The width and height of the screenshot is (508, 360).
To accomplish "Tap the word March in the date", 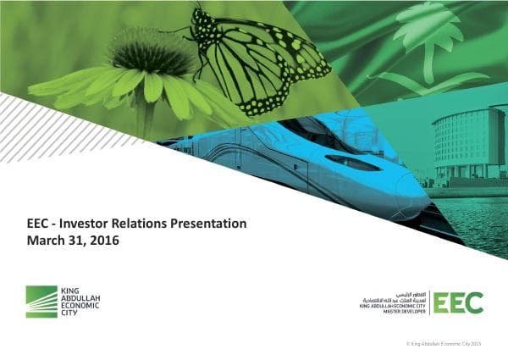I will pyautogui.click(x=46, y=241).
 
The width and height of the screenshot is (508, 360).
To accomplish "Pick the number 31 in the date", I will pyautogui.click(x=76, y=241).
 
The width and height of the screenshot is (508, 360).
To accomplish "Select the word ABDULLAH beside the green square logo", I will pyautogui.click(x=80, y=297).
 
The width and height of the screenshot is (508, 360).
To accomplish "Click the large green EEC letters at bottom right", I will pyautogui.click(x=460, y=302).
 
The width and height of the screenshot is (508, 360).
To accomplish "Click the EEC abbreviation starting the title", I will pyautogui.click(x=40, y=224).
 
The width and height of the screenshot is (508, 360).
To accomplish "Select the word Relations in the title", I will pyautogui.click(x=141, y=224).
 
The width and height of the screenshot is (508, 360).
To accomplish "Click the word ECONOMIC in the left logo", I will pyautogui.click(x=80, y=306).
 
